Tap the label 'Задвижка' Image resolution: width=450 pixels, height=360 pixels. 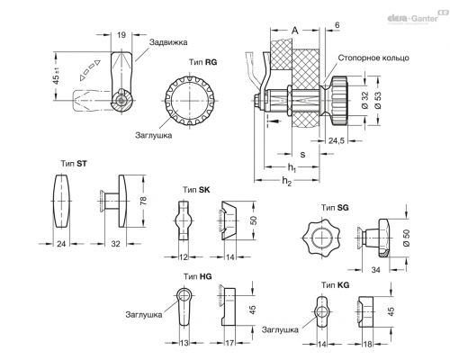tap(168, 42)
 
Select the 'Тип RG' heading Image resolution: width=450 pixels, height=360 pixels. tap(202, 62)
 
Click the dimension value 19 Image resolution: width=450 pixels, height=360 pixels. tap(121, 35)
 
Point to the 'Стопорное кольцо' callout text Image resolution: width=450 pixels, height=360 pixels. tap(373, 58)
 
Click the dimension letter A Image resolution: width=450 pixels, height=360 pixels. tap(295, 31)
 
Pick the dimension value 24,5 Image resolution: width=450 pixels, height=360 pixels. tap(337, 140)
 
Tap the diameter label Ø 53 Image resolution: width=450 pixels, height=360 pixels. tap(378, 100)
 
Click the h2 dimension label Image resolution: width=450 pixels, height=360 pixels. tap(287, 181)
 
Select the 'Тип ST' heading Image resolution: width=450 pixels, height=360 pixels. tap(74, 164)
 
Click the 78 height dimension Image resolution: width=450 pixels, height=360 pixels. tap(143, 201)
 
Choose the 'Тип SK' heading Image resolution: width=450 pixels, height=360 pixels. tap(196, 190)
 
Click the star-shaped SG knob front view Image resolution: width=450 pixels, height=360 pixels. tap(322, 238)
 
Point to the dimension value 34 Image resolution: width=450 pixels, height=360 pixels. tap(375, 270)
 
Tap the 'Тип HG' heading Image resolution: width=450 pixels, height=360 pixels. tap(198, 276)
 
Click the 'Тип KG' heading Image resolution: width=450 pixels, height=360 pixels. tap(336, 284)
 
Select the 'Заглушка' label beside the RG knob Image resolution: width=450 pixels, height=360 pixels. tap(153, 135)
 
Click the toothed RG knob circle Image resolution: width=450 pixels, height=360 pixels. tap(190, 101)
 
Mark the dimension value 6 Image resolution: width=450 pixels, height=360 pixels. tap(337, 25)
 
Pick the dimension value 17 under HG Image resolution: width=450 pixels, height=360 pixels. tap(229, 343)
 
